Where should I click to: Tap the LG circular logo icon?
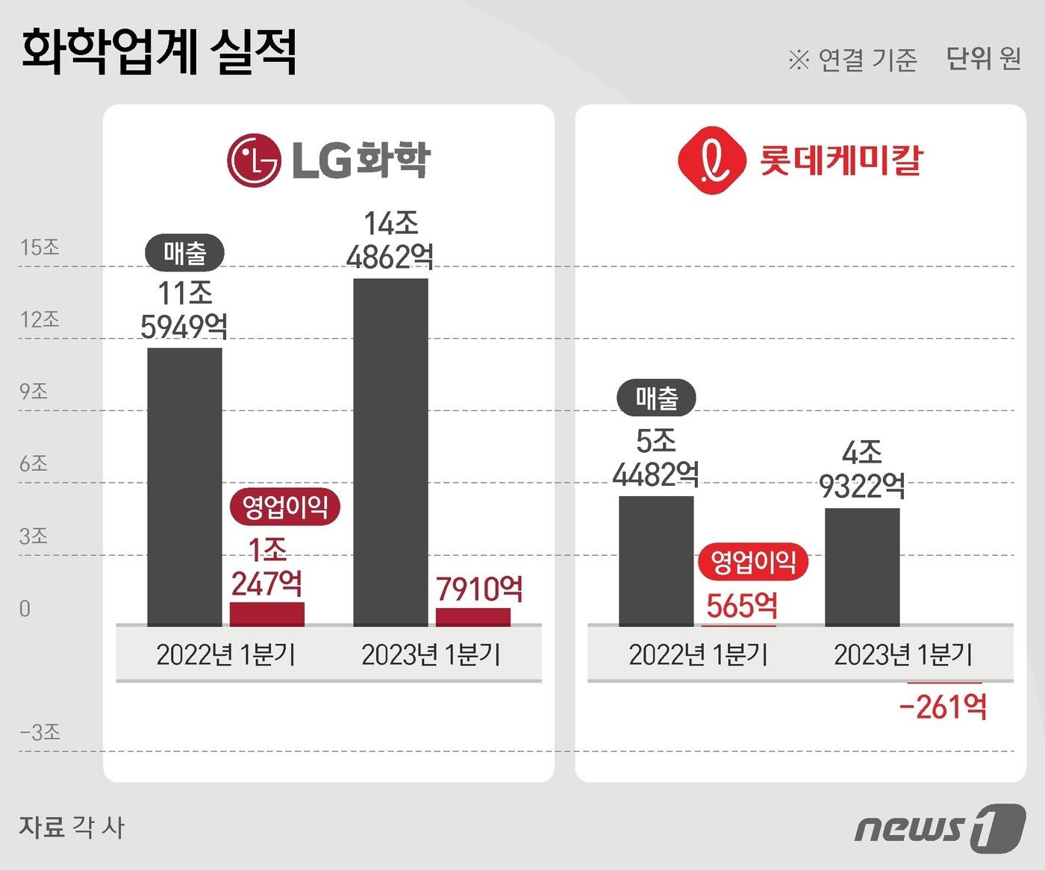[254, 159]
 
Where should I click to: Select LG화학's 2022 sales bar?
[184, 486]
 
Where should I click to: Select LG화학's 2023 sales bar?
[390, 452]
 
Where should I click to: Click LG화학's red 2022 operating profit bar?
[266, 614]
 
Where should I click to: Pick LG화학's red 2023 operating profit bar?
[473, 617]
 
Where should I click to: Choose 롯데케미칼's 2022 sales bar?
[656, 560]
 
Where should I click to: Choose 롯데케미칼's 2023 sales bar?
[862, 567]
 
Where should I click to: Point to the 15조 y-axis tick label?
[40, 248]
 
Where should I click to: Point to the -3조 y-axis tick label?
[40, 732]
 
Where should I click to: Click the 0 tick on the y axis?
[25, 609]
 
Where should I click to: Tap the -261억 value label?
[943, 706]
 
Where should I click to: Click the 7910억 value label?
[479, 589]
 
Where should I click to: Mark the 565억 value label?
[741, 605]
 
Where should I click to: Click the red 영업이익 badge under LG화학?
[285, 507]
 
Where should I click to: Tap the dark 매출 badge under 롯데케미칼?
[656, 398]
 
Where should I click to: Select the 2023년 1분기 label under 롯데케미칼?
[903, 655]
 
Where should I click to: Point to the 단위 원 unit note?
[983, 58]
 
